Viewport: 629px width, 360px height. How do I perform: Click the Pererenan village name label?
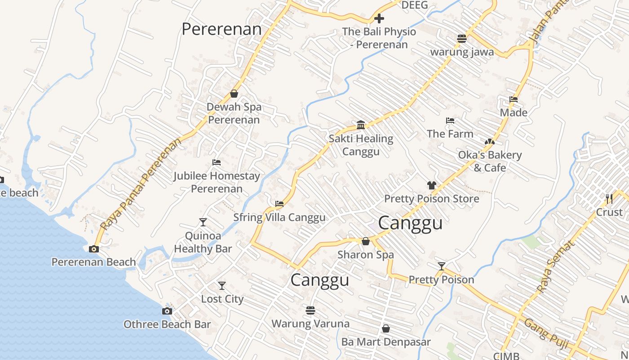[x=221, y=29]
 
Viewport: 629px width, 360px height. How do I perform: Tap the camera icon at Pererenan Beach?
[x=94, y=249]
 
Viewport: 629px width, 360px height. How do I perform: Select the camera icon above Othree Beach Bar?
[x=167, y=311]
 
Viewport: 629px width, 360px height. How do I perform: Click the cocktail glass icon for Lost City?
[x=222, y=286]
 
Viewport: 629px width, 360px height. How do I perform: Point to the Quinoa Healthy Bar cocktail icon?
[x=203, y=222]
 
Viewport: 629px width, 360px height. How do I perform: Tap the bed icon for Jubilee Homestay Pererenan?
[x=217, y=162]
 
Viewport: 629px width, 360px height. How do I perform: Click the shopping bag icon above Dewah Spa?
[x=234, y=94]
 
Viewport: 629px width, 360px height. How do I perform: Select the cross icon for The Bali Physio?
[x=379, y=18]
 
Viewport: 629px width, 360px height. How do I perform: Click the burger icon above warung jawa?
[x=462, y=39]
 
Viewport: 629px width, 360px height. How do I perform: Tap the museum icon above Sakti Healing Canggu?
[x=361, y=125]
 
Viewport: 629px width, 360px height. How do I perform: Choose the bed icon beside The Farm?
[x=450, y=121]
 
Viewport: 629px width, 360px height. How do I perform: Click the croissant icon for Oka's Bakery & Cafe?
[x=490, y=142]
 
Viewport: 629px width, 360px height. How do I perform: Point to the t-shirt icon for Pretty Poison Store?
[x=432, y=185]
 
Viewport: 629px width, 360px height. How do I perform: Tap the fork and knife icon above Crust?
[x=609, y=198]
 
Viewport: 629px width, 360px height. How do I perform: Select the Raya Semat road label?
[x=556, y=266]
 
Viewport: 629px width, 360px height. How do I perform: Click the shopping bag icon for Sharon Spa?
[x=366, y=242]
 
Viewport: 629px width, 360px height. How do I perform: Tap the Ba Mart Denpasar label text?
[x=386, y=342]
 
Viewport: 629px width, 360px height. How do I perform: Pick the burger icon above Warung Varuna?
[x=310, y=310]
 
